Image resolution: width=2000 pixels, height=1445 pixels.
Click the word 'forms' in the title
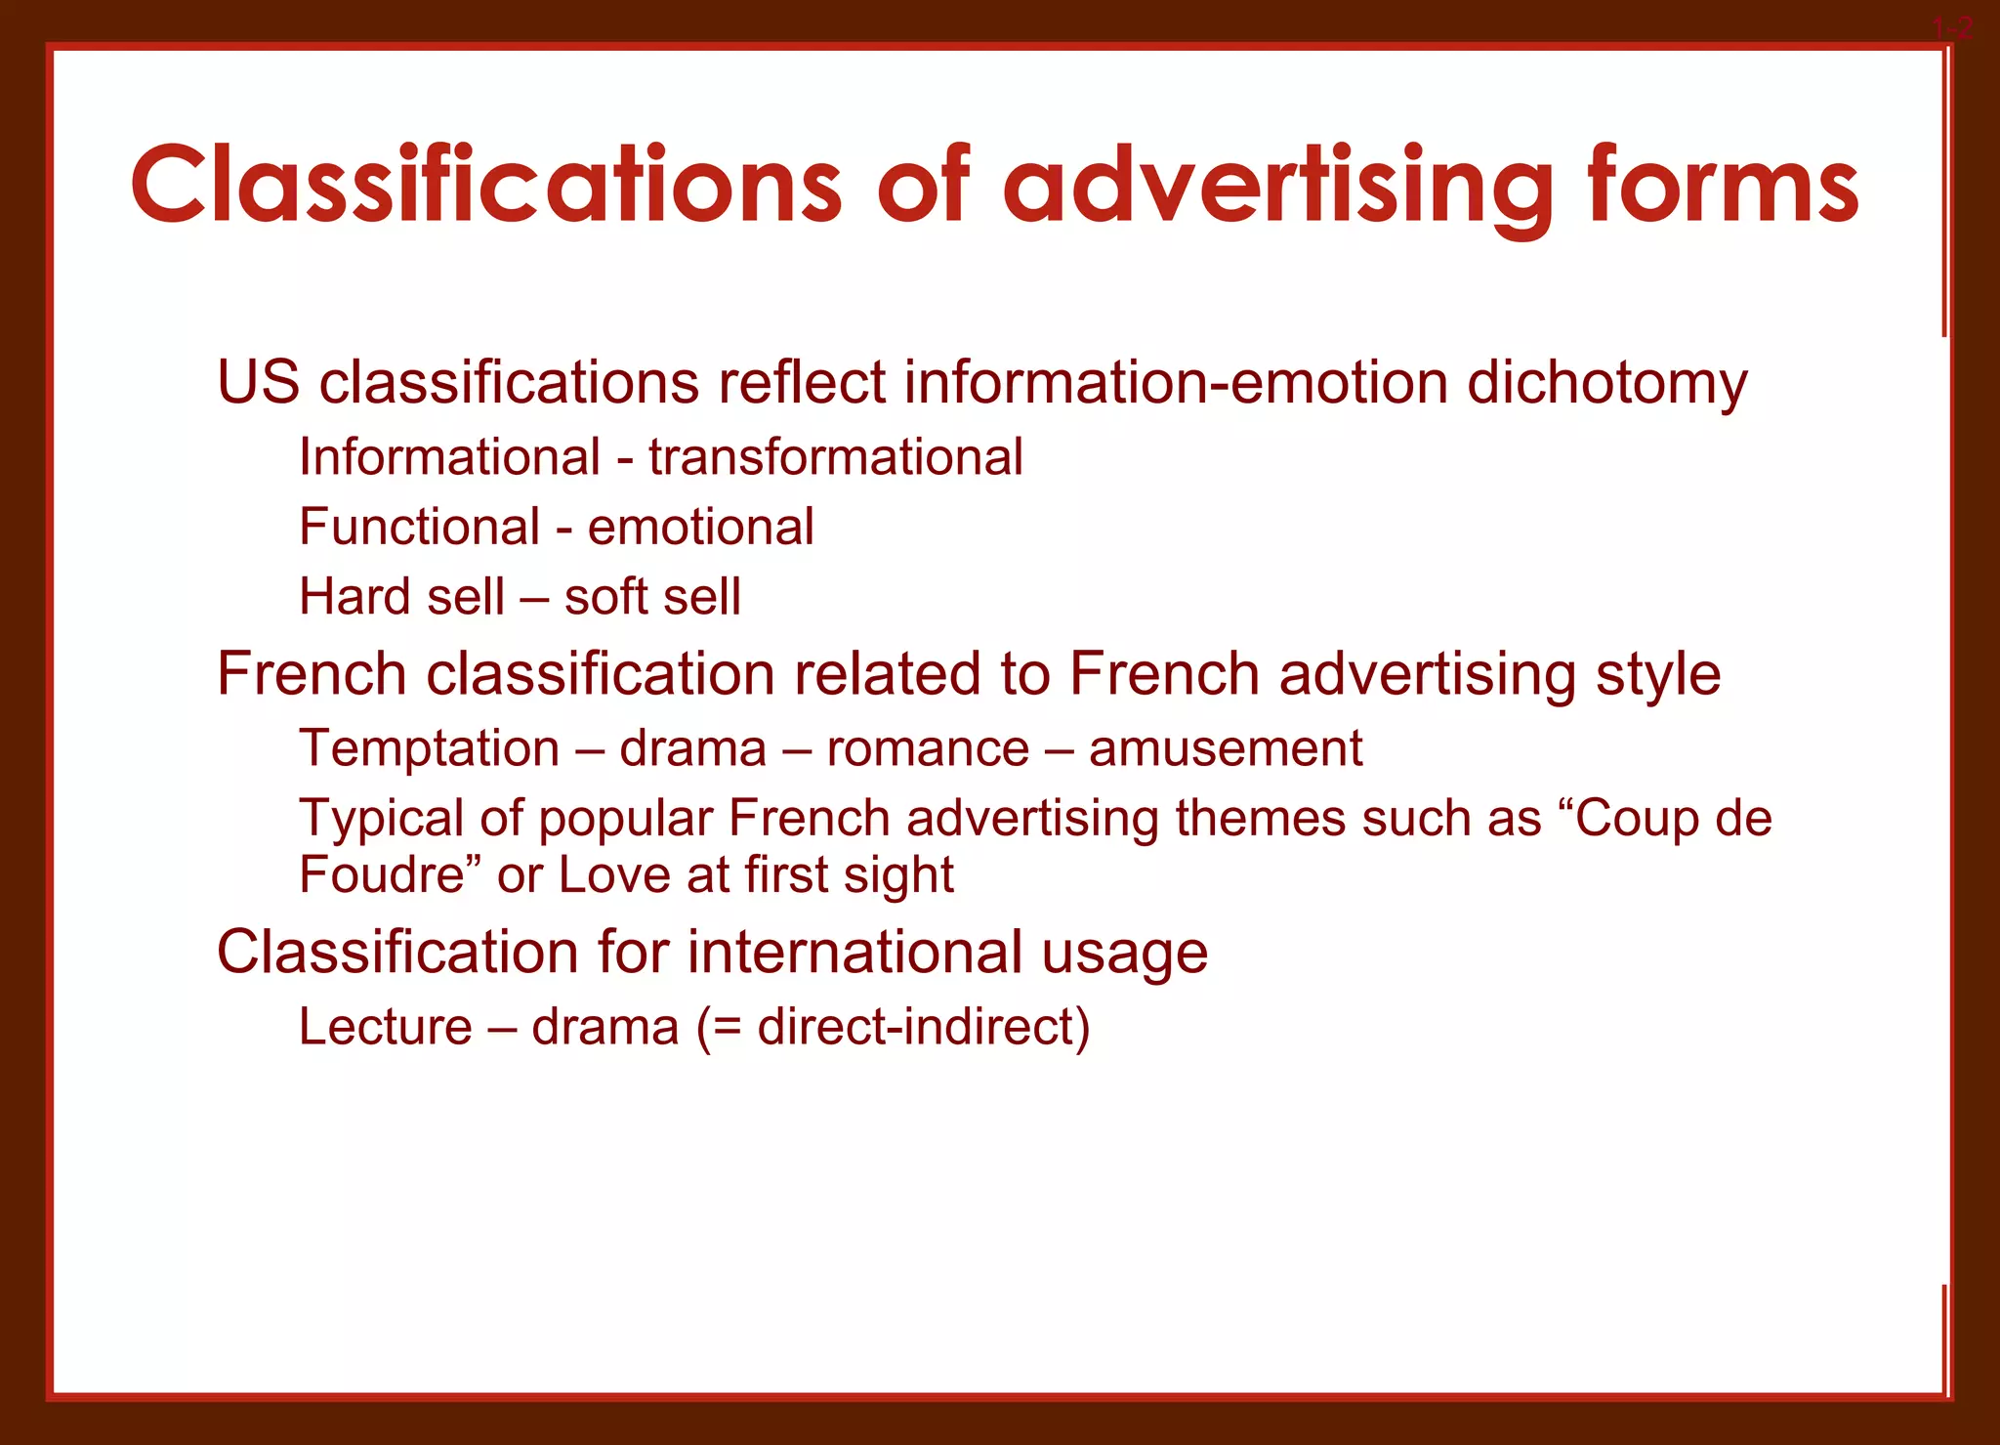point(1723,186)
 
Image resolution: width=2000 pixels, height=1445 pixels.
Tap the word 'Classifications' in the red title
point(485,186)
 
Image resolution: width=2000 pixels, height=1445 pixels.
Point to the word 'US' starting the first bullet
point(258,382)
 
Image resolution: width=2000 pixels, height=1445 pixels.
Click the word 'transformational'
point(836,457)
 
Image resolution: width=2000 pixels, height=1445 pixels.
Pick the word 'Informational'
point(449,457)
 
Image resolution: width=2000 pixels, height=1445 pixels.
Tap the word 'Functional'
point(419,528)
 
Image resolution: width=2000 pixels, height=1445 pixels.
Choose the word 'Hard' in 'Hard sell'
point(351,596)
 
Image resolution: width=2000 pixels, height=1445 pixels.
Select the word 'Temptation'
point(429,749)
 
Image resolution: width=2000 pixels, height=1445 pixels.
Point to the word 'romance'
point(928,749)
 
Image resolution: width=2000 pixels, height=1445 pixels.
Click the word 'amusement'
point(1226,749)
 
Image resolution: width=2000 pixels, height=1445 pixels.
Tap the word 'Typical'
point(380,819)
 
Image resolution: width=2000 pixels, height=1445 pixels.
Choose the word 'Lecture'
point(386,1027)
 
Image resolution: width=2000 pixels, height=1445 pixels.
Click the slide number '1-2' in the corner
point(1953,28)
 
